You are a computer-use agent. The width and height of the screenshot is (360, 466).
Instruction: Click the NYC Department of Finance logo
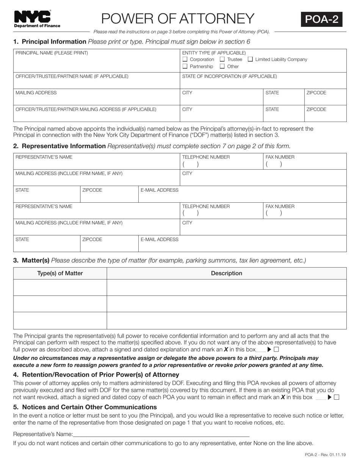coord(37,19)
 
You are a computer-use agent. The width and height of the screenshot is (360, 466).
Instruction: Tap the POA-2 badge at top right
coord(321,19)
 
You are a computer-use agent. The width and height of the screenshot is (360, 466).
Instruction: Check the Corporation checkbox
coord(185,59)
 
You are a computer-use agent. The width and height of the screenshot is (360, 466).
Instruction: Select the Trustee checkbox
coord(222,59)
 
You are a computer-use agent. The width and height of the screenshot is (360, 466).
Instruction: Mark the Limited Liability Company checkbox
coord(250,59)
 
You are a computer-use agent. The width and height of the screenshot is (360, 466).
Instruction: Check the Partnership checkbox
coord(185,66)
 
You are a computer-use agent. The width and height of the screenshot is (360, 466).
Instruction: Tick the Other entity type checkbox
coord(222,66)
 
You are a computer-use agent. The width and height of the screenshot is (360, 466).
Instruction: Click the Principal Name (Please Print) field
coord(97,63)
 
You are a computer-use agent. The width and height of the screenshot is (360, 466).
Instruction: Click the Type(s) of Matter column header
coord(60,273)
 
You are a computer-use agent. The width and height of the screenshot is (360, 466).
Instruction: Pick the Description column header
coord(226,273)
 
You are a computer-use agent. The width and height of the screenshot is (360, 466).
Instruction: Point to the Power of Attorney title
coord(178,19)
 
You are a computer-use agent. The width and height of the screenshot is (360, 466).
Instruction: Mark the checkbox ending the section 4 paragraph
coord(337,397)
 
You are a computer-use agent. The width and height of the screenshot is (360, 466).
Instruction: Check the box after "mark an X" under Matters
coord(276,350)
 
